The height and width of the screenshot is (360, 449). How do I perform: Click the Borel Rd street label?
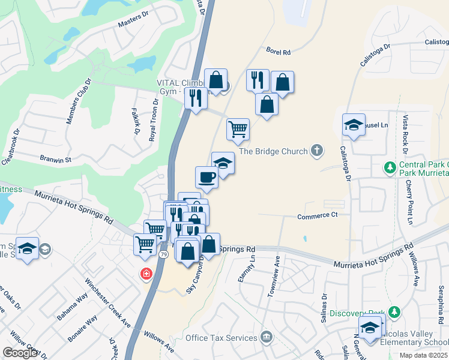(x=278, y=52)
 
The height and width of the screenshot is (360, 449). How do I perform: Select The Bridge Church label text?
(x=273, y=152)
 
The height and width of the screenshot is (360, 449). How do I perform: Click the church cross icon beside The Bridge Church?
(x=317, y=152)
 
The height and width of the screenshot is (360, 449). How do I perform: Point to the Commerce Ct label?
(x=318, y=215)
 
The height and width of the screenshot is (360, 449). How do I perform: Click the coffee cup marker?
(x=206, y=177)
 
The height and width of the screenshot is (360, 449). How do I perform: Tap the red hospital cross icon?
(x=146, y=274)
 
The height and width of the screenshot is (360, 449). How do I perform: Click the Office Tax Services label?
(x=221, y=338)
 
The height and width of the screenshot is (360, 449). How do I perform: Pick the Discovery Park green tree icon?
(x=394, y=312)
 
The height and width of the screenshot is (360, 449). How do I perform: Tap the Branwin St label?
(x=55, y=160)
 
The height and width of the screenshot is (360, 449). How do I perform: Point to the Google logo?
(x=20, y=352)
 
